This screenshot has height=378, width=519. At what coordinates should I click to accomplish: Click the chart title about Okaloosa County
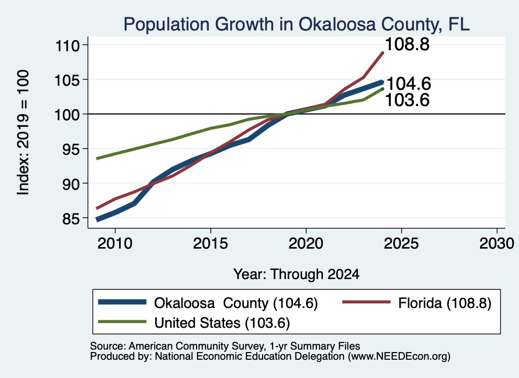(296, 24)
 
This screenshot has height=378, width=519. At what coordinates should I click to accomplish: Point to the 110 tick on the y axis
(67, 45)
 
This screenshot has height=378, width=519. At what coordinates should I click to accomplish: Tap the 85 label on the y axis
(71, 219)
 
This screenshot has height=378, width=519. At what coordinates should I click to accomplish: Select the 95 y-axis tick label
(71, 149)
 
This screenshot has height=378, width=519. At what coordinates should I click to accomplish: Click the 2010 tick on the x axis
(115, 244)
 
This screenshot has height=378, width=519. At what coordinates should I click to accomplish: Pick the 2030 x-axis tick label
(497, 244)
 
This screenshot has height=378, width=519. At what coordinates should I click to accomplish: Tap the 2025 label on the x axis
(401, 244)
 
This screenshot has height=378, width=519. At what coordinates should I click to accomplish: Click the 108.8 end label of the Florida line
(407, 44)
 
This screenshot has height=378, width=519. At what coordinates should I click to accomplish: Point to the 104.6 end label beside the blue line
(409, 84)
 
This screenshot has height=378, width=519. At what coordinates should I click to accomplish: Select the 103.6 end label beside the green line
(407, 100)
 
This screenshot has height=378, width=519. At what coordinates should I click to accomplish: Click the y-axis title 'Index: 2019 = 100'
(23, 132)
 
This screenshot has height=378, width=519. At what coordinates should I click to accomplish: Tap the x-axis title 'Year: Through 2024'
(296, 274)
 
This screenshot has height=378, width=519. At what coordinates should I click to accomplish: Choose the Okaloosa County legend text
(236, 303)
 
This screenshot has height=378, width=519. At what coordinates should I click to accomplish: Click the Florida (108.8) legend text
(444, 303)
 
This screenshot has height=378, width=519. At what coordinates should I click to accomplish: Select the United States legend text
(222, 323)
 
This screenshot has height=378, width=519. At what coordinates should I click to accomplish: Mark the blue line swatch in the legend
(122, 302)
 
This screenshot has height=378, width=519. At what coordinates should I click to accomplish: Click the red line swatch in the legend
(366, 302)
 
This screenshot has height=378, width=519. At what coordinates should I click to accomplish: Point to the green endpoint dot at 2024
(382, 89)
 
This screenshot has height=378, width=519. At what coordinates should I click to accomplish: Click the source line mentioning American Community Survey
(225, 346)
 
